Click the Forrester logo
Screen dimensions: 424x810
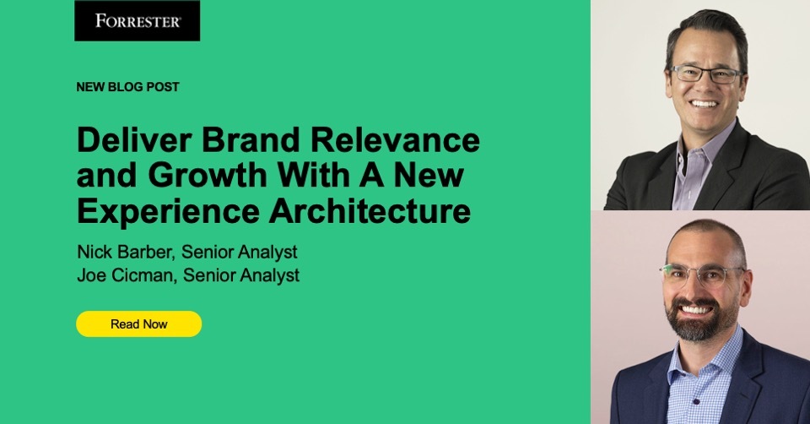pos(138,21)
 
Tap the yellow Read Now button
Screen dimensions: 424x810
pos(139,323)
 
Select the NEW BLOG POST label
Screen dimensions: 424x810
pos(127,87)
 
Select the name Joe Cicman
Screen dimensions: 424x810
pos(112,275)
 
